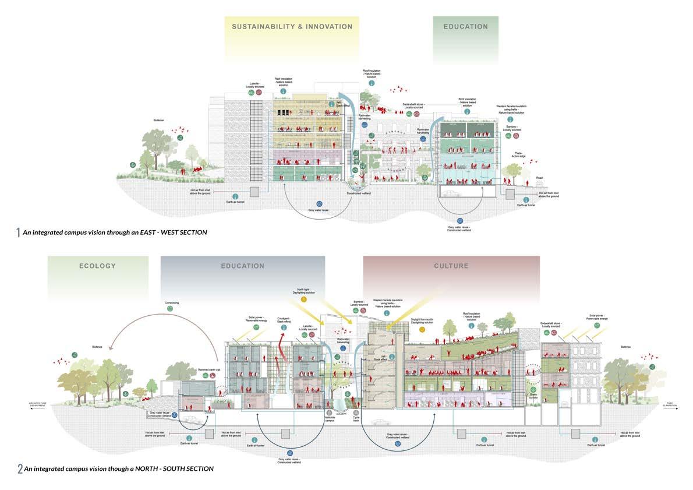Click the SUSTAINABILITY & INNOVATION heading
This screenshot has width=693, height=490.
coord(292,26)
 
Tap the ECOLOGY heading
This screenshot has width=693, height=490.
coord(97,266)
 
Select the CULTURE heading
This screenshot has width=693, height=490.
coord(451,266)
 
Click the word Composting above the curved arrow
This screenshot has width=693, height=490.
coord(171,303)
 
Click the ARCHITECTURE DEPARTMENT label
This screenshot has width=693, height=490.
coord(41,403)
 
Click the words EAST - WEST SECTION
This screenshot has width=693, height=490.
coord(175,232)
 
